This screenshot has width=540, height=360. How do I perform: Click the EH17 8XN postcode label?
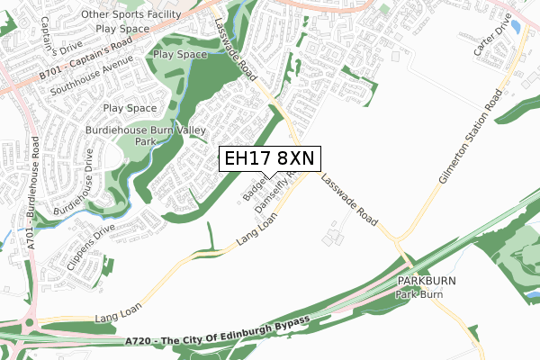tap(268, 158)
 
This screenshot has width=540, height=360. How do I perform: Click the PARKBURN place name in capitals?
tap(426, 282)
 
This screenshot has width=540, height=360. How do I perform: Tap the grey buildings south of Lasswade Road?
tap(335, 237)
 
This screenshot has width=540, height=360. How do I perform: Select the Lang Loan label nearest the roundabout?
tap(117, 315)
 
